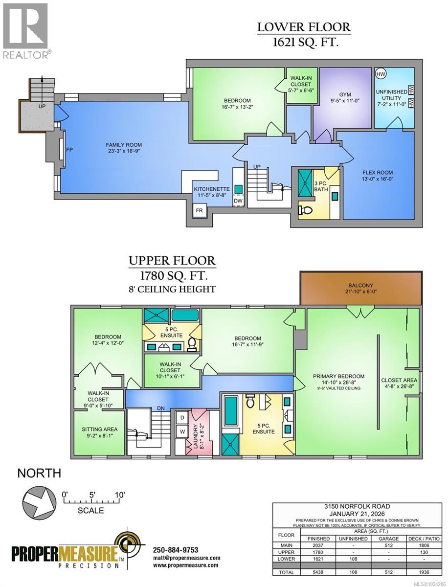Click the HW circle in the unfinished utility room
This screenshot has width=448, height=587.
coord(380,74)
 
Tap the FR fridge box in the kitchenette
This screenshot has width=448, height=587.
coord(200,211)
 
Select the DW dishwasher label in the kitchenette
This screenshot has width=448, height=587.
coord(238,201)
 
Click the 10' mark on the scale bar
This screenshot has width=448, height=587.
coord(119,495)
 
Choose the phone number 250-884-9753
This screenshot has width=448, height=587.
coord(176,549)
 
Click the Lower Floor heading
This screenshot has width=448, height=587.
coord(304,27)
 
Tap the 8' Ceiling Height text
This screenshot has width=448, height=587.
coord(172,289)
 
